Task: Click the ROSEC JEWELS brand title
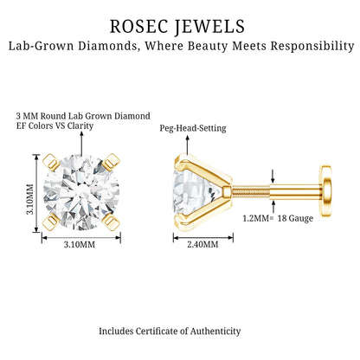tap(177, 27)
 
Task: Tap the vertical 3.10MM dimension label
tap(30, 199)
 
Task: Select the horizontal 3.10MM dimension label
tap(80, 245)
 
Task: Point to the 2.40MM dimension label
tap(202, 245)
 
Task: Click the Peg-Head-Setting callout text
tap(193, 128)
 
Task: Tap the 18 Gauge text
tap(295, 218)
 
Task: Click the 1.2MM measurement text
tap(256, 218)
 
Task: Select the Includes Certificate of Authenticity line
tap(170, 331)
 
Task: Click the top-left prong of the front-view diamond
tap(51, 162)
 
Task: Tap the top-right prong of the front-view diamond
tap(111, 162)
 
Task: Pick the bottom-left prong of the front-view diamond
tap(51, 222)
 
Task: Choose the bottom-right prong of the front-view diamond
tap(111, 222)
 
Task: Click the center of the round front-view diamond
tap(81, 192)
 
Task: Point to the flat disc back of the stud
tap(325, 190)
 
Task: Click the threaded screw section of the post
tap(250, 191)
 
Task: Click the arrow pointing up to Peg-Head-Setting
tap(187, 145)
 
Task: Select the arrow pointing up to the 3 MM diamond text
tap(81, 144)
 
